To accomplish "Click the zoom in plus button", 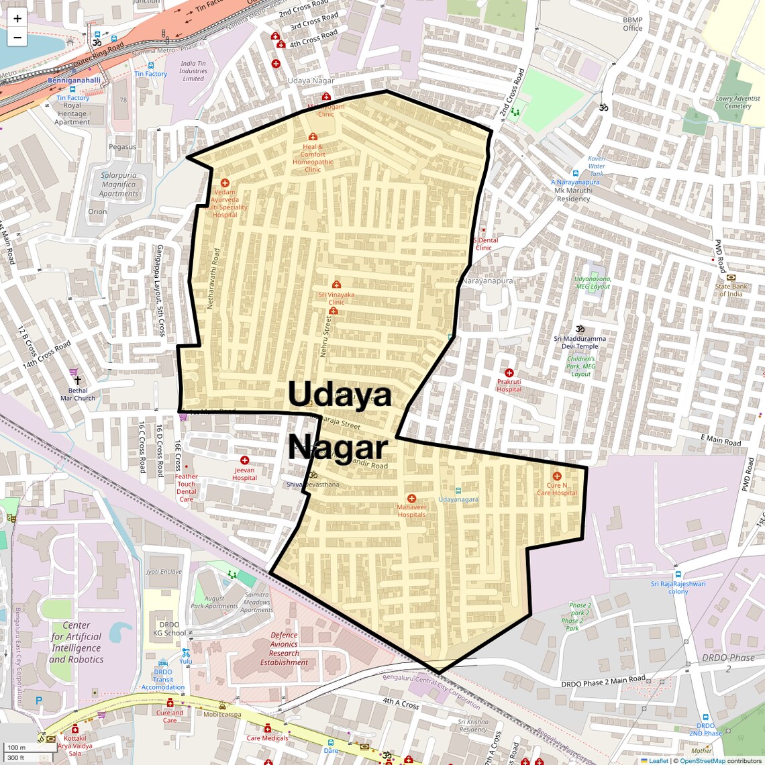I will (17, 19).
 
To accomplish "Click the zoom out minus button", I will (17, 38).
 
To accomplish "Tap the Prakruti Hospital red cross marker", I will (509, 373).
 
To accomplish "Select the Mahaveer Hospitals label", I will (411, 511).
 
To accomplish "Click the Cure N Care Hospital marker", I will (556, 476).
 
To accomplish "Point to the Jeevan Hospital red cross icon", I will (244, 460).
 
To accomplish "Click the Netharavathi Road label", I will (212, 278).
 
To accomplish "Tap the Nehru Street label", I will (325, 336).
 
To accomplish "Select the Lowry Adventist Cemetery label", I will (737, 102).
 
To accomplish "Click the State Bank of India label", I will (731, 290).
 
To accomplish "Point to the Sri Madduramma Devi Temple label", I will (580, 342).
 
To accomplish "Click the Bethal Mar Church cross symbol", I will (78, 380).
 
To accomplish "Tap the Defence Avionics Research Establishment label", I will (284, 648).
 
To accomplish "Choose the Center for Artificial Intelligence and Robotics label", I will (76, 642).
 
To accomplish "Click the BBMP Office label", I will (632, 24).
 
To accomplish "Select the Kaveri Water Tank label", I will (596, 166).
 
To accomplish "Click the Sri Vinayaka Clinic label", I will (336, 298).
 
